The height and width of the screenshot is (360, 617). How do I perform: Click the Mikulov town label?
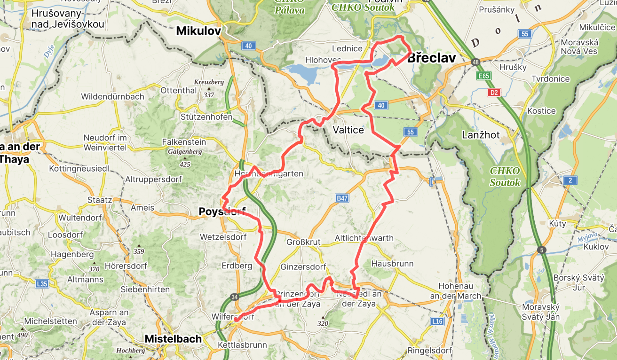pos(198,31)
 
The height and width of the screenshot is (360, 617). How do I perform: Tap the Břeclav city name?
pos(431,58)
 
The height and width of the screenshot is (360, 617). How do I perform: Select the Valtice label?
pos(348,130)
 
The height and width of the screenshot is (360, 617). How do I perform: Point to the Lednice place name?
pos(347,48)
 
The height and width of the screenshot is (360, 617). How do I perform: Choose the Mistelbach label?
pos(173,339)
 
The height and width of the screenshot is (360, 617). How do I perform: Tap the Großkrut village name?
pos(304,242)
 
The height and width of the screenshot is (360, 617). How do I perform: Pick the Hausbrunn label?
pos(392,264)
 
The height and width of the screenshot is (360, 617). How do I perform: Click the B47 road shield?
pos(342,199)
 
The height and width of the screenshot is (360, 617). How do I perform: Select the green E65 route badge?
pos(483,76)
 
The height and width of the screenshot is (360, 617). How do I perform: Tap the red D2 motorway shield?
pos(494,93)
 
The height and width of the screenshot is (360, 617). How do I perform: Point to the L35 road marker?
pos(42,284)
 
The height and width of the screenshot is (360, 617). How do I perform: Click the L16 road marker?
pos(437,321)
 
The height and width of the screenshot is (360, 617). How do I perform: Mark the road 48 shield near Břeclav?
pos(476,62)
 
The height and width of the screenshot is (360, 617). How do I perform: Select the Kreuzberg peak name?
pos(209,82)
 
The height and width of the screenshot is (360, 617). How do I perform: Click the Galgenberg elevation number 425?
pos(185,164)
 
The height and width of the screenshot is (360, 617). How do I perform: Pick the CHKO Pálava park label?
pos(289,6)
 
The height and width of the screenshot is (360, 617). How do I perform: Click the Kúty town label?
pos(558,224)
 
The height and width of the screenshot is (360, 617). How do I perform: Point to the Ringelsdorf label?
pos(430,351)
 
